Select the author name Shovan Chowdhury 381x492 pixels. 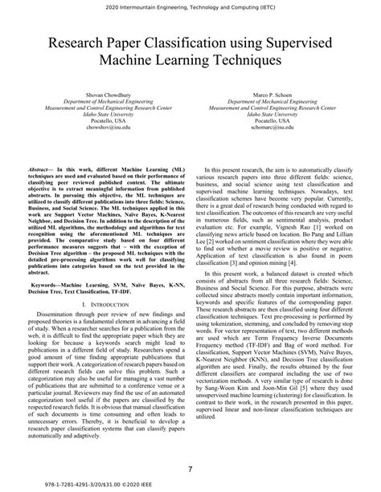tap(100, 93)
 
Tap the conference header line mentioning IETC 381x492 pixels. tap(190, 7)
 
